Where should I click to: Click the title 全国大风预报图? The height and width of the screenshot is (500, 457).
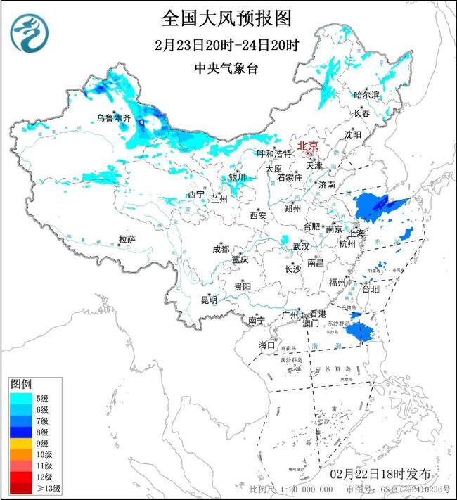(226, 17)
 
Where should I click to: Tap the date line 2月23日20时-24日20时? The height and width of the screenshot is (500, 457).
(226, 46)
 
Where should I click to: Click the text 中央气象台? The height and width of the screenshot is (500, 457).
(226, 68)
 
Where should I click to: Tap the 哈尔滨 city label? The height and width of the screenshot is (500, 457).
(366, 94)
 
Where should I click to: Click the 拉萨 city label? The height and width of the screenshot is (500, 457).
(127, 240)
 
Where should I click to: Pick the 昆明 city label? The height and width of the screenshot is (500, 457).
(209, 300)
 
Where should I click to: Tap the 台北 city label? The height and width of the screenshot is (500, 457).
(370, 288)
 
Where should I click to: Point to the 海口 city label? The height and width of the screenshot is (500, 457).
(266, 345)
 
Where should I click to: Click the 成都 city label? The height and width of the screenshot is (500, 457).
(220, 249)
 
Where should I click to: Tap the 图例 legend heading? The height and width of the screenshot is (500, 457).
(20, 385)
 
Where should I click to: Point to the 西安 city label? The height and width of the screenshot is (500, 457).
(257, 215)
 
